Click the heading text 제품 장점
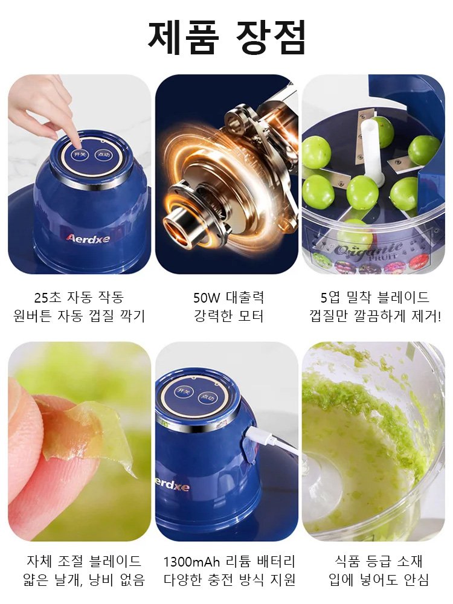(x=226, y=37)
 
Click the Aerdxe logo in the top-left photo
(x=88, y=237)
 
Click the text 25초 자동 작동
(x=79, y=297)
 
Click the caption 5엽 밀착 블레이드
(x=375, y=297)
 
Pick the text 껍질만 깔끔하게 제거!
(x=375, y=316)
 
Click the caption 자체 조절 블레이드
(x=79, y=561)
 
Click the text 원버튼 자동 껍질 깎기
(x=79, y=316)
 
